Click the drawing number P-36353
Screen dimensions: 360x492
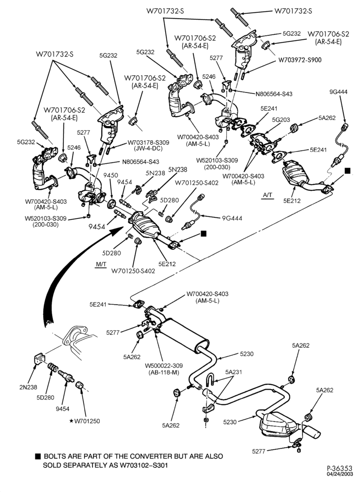[340, 468]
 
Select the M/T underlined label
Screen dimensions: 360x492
[101, 265]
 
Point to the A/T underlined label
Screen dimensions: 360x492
[268, 195]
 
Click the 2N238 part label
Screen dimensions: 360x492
[28, 387]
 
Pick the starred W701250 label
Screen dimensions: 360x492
[85, 421]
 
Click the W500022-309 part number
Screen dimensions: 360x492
[164, 366]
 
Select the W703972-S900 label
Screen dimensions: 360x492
[300, 60]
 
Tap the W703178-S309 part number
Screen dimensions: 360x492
[149, 143]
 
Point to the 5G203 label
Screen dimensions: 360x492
[281, 120]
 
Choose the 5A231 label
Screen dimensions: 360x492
[234, 372]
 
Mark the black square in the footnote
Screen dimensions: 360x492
[38, 456]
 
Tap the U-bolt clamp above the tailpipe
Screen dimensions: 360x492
[210, 382]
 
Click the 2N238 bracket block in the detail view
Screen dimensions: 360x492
[39, 359]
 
